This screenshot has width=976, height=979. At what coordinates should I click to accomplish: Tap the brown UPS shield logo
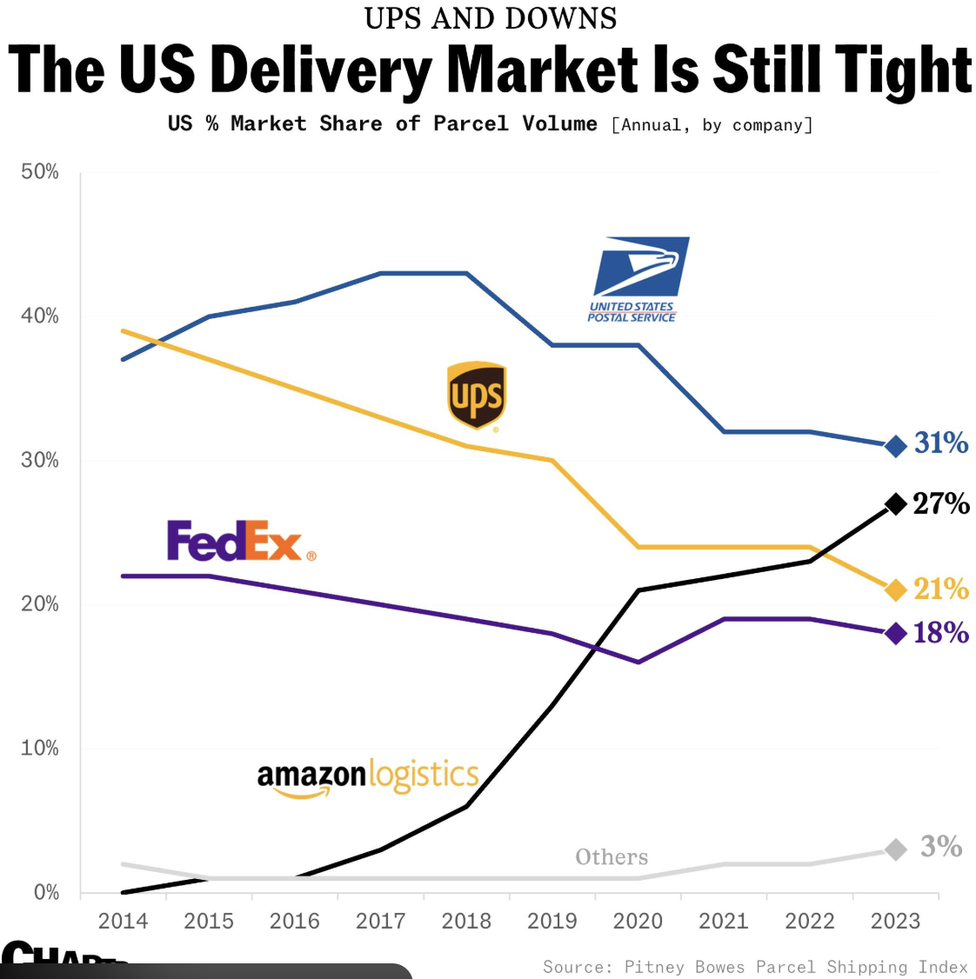click(x=476, y=396)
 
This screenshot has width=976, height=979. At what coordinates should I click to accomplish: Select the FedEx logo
click(x=241, y=541)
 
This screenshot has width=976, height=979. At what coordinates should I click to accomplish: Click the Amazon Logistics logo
click(x=368, y=776)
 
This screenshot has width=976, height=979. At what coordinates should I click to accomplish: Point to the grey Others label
click(x=612, y=857)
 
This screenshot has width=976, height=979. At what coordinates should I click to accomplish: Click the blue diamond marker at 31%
click(x=895, y=446)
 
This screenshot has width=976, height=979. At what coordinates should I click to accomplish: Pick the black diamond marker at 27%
click(x=895, y=503)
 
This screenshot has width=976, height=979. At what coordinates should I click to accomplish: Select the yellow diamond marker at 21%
click(x=895, y=590)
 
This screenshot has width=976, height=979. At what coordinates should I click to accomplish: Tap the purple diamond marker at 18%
click(x=895, y=633)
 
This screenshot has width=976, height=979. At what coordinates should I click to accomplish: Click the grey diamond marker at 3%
click(x=895, y=849)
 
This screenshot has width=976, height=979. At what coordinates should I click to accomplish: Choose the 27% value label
click(x=941, y=503)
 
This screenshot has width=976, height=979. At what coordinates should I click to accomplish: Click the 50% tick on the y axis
click(x=40, y=172)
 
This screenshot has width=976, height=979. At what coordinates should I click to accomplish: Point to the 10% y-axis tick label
click(x=40, y=749)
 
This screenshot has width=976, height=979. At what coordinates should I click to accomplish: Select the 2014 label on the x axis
click(x=123, y=922)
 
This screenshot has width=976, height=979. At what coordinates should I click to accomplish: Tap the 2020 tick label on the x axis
click(x=638, y=922)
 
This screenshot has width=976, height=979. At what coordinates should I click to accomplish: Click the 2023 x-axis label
click(x=895, y=922)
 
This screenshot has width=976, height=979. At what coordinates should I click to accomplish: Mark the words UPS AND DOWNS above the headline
click(x=491, y=18)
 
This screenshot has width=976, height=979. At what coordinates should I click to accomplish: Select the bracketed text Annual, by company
click(x=712, y=125)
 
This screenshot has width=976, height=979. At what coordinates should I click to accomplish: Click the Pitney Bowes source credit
click(x=755, y=967)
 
